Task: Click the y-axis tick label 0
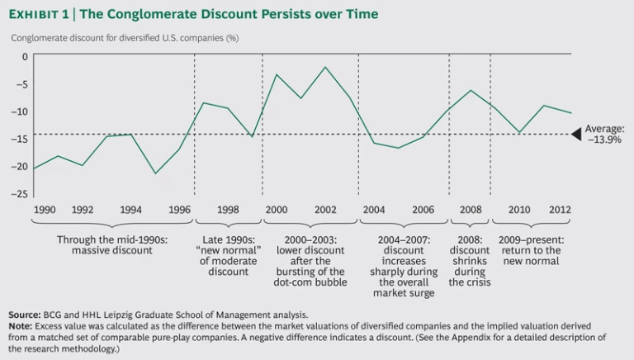24,56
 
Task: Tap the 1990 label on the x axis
45,210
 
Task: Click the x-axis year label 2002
324,210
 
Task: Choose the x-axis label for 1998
228,210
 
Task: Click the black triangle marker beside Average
575,135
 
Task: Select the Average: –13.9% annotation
605,135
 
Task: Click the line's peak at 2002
325,67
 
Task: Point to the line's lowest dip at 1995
155,173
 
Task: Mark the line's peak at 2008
470,90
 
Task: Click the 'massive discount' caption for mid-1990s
112,244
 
